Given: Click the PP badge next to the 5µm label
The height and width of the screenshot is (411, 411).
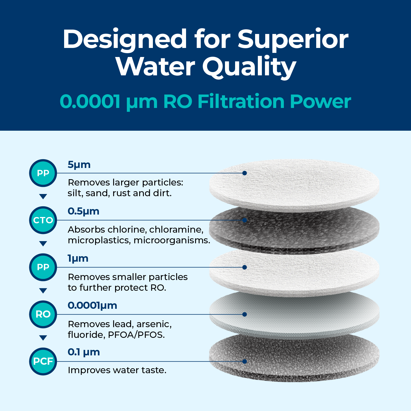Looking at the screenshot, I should coord(43,173).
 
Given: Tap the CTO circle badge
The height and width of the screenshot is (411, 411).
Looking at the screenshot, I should coord(43,220).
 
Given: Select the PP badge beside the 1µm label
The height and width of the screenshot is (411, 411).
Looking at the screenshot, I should coord(43,267).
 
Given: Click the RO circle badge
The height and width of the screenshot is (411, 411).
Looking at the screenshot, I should coord(43,314).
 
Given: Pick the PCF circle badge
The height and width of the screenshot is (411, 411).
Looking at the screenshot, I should coord(43,361).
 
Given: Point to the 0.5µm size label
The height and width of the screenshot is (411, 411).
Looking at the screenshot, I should coord(83,211).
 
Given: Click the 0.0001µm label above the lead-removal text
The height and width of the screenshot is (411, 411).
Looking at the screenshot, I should coord(92,306).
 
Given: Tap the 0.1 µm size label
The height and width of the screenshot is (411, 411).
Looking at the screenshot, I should coord(84,352).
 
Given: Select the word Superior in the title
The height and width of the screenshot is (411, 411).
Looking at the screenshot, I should coord(293,39).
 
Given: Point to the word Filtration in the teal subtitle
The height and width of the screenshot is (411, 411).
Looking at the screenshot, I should coord(241,101).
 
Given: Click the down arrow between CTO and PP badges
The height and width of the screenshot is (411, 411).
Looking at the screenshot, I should coord(43,244).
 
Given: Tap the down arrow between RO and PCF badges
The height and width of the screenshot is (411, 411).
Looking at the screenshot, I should coord(43,338).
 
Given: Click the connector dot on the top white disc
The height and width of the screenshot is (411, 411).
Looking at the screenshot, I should coord(245,173).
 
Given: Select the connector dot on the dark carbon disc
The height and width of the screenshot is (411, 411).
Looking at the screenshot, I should coord(245,220).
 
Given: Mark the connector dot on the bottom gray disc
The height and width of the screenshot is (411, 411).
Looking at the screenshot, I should coord(245,361).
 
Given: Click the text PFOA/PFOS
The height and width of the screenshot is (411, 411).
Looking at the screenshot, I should coord(136,335).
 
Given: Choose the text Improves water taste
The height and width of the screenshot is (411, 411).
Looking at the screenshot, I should coord(117,370).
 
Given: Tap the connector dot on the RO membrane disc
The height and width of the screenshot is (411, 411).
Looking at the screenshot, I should coord(245,314).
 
